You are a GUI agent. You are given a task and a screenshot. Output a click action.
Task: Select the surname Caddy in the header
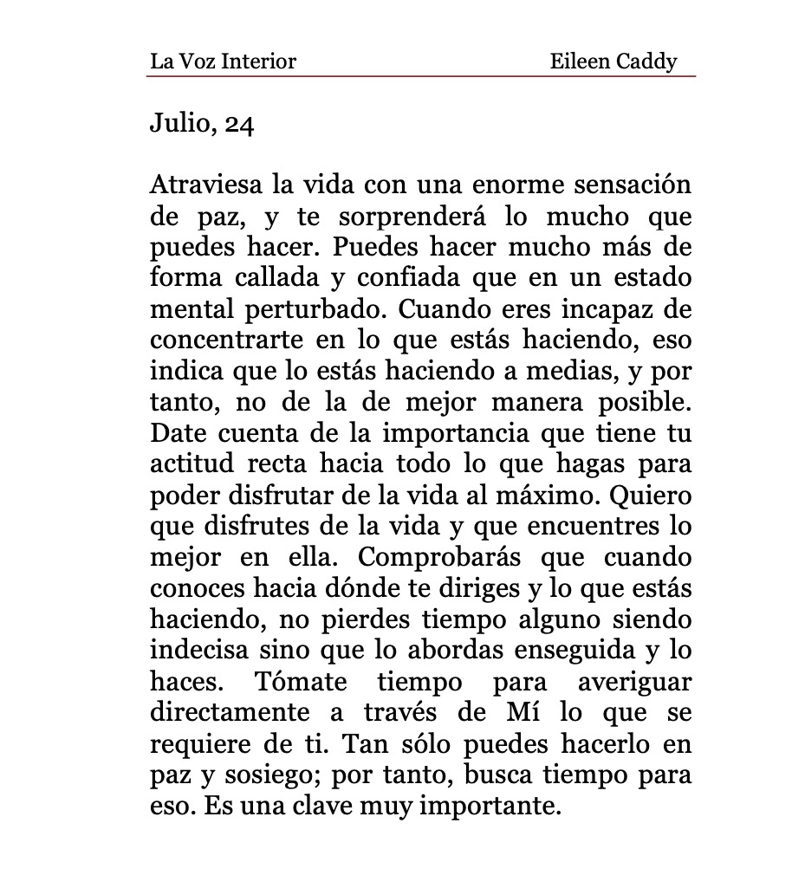pos(646,62)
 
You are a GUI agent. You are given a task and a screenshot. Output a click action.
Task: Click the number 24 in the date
pos(239,125)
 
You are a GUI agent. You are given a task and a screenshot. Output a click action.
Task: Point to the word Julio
pos(181,125)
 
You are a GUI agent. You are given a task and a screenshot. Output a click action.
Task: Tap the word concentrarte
pos(219,340)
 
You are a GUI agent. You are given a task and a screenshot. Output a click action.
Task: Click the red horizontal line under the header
pos(421,76)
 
